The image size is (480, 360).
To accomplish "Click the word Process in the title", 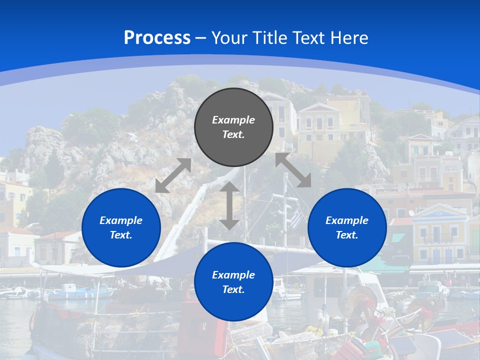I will click(x=157, y=38).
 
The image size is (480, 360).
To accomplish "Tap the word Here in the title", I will click(x=349, y=38).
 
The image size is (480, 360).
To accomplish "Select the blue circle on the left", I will click(x=121, y=227).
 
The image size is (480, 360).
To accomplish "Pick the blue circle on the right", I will click(x=347, y=227).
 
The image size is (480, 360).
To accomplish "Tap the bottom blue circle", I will click(x=233, y=282).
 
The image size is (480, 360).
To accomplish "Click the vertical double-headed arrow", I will click(x=229, y=205).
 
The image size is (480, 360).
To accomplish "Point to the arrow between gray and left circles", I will click(x=173, y=175).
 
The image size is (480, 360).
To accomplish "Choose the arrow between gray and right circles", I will click(x=293, y=170).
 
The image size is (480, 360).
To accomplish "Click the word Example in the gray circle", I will click(x=233, y=120).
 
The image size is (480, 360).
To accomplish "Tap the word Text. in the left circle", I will click(x=121, y=235).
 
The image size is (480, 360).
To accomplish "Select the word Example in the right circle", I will click(x=347, y=220).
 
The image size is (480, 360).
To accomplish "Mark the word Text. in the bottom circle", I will click(x=233, y=289).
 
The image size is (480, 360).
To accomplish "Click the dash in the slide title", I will click(x=201, y=38).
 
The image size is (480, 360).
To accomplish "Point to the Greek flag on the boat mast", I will click(x=296, y=218).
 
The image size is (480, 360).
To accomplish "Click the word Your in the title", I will click(x=229, y=38).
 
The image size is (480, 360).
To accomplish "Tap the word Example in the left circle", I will click(x=121, y=220).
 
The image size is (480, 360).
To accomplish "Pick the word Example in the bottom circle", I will click(x=233, y=275).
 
